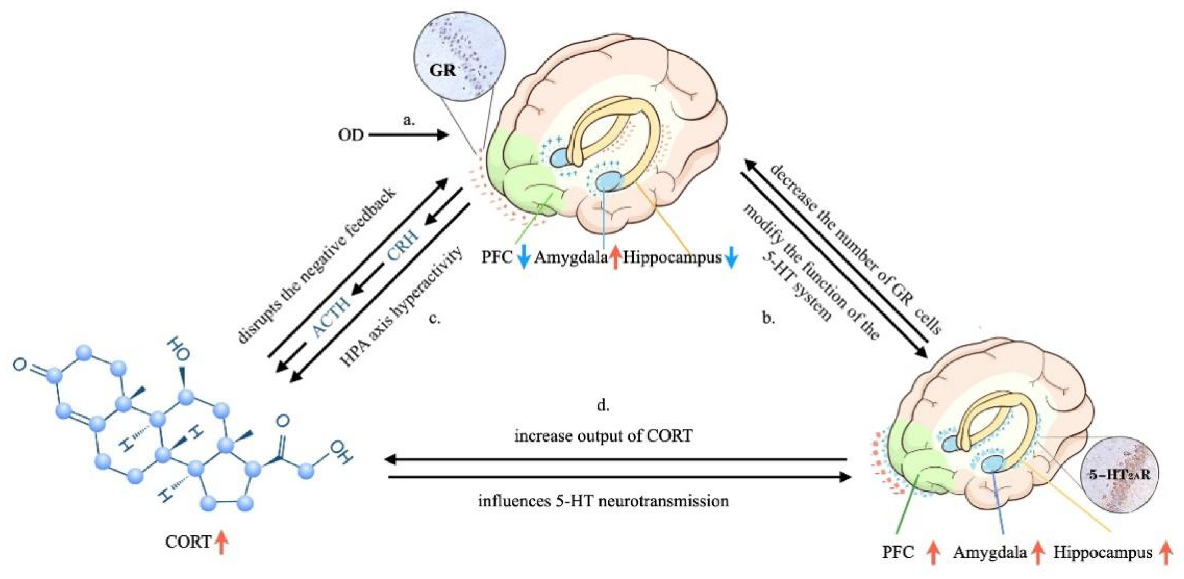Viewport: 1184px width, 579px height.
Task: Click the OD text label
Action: tap(351, 135)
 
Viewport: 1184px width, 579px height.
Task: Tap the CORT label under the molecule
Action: tap(188, 542)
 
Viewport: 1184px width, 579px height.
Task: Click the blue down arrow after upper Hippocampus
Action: tap(731, 258)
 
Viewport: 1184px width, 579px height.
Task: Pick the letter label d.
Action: tap(603, 406)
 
